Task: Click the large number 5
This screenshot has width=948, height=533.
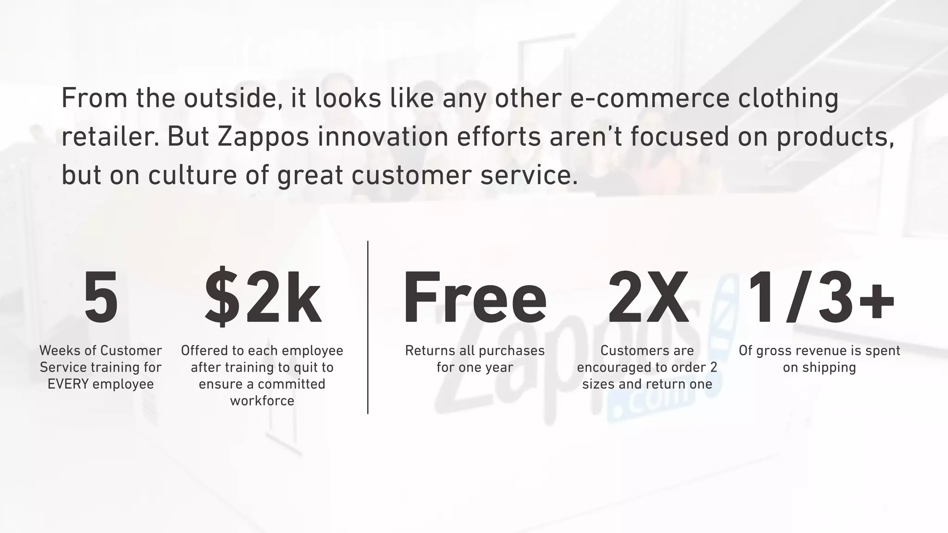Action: tap(101, 297)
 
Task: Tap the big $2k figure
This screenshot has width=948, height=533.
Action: tap(262, 297)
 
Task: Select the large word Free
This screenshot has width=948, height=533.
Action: tap(475, 297)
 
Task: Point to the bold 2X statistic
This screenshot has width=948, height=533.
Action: tap(648, 297)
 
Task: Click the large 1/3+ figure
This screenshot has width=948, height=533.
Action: tap(820, 297)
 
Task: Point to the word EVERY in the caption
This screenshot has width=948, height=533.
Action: tap(68, 384)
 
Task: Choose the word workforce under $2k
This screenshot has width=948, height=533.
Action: tap(262, 401)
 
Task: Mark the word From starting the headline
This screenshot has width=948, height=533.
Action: tap(91, 98)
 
